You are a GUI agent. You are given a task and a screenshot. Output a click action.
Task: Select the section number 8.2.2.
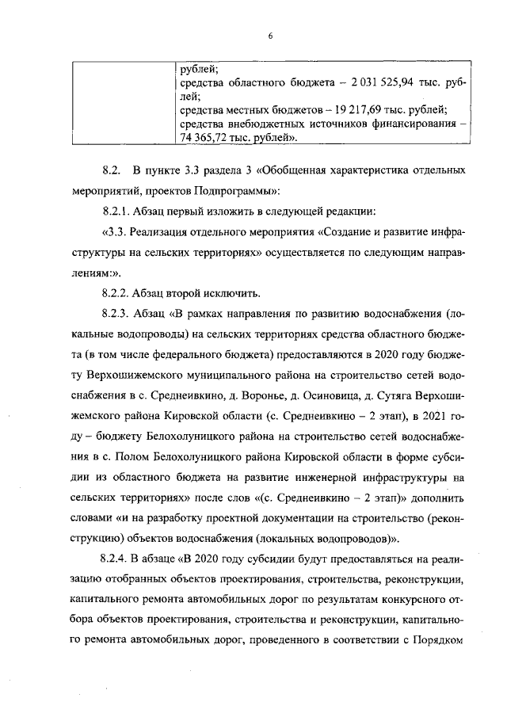(x=117, y=292)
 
